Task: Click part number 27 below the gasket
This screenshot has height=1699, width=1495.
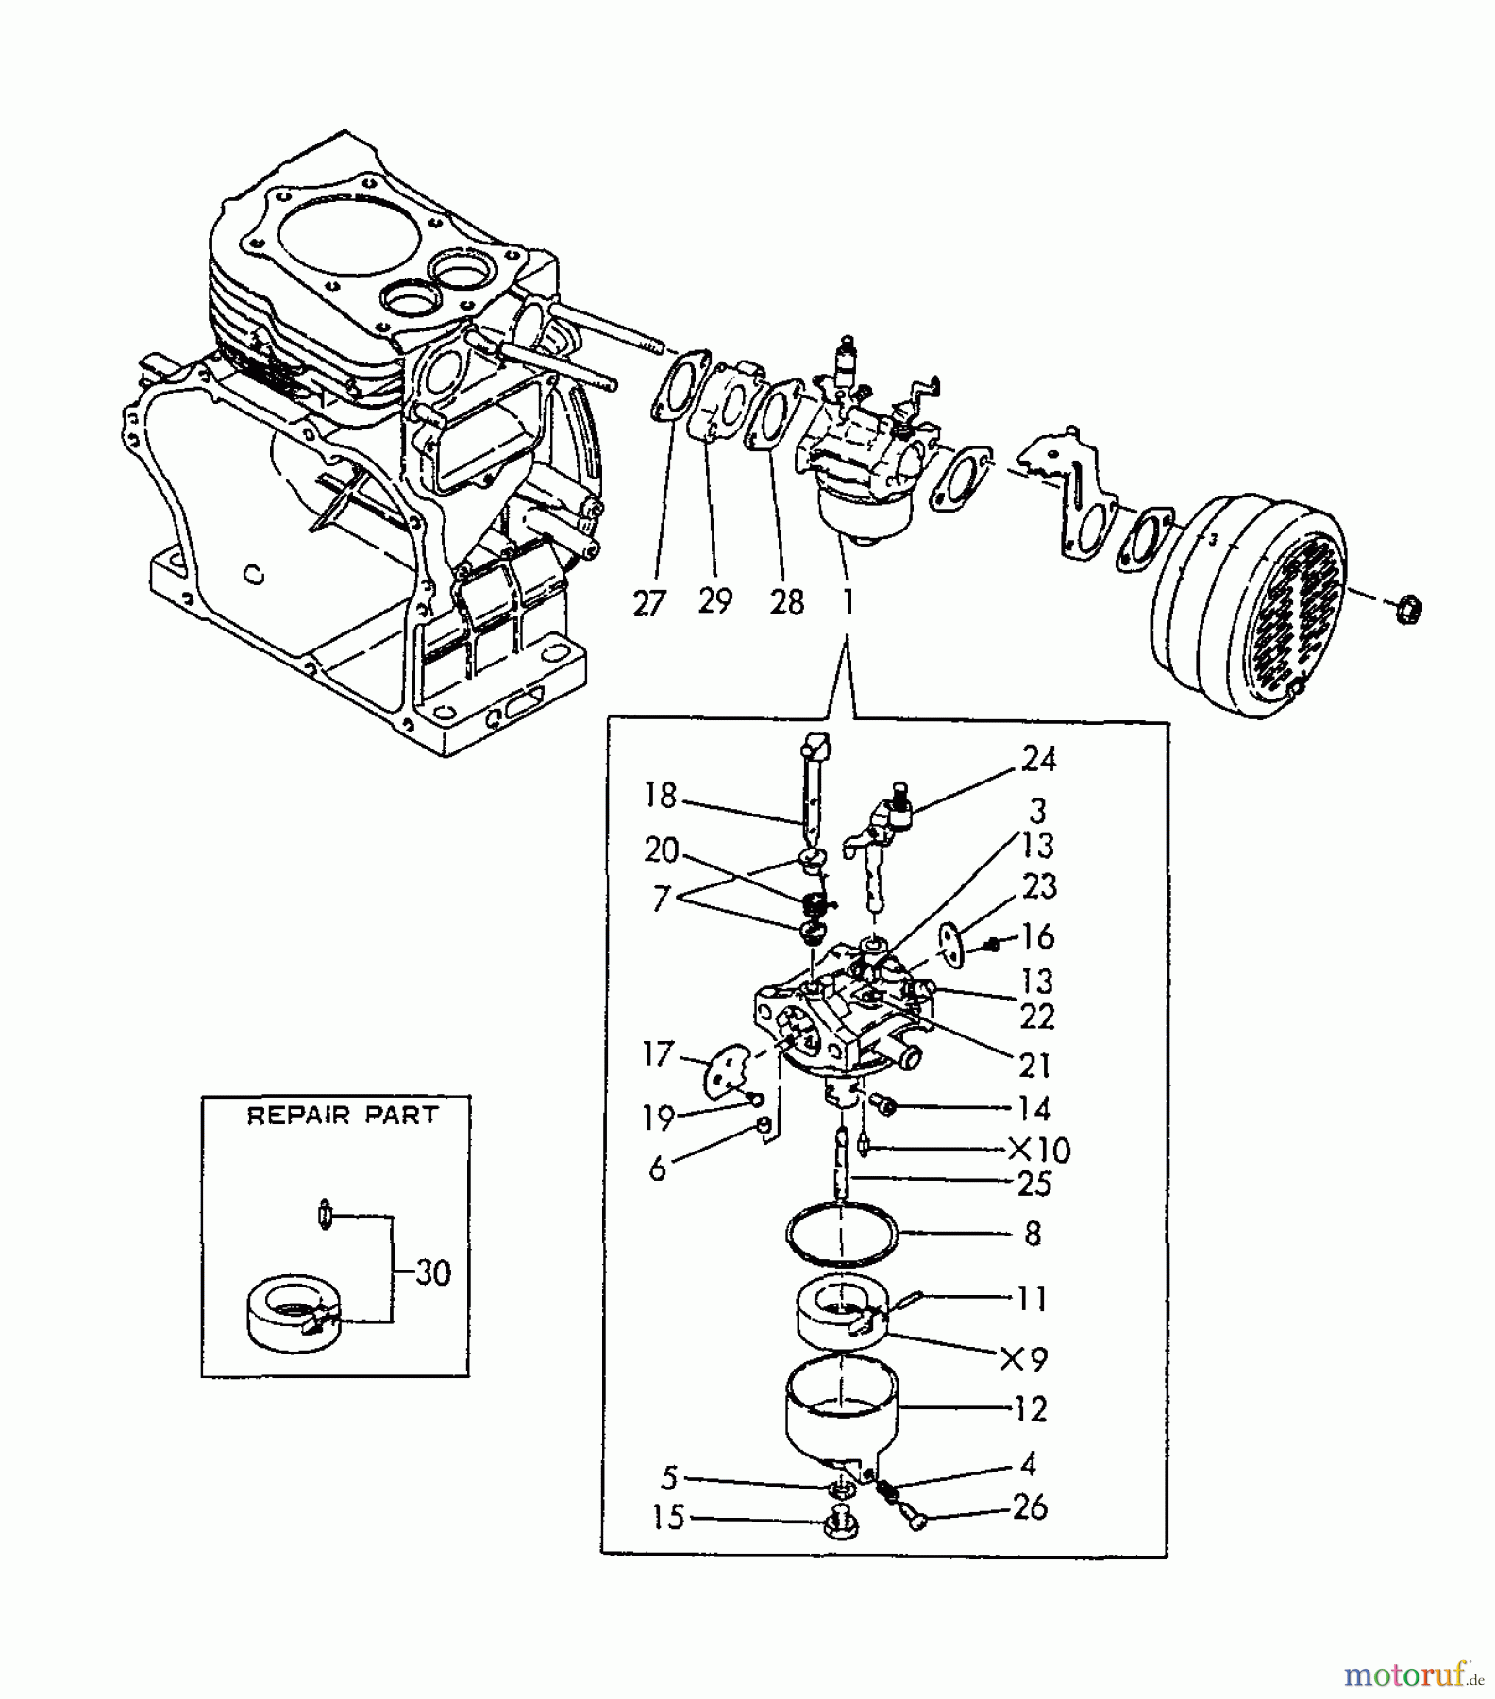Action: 649,603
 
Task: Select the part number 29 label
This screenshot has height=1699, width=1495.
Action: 715,599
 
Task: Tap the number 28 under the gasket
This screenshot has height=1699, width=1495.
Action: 786,601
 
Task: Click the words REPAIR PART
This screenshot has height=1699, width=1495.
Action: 343,1116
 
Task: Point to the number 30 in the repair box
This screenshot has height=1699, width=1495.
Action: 433,1272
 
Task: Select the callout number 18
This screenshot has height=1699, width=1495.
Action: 661,796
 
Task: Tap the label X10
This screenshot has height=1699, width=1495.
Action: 1039,1150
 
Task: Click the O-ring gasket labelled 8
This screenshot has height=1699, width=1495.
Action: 840,1235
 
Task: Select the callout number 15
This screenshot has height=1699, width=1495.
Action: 668,1518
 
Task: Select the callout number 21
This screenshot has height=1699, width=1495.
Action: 1035,1066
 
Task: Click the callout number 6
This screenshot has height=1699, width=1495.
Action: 658,1169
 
